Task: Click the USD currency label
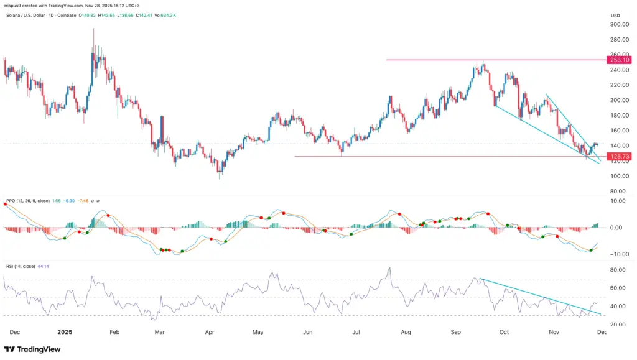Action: point(616,15)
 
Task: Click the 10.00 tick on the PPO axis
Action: point(617,201)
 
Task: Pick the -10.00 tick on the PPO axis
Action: point(616,254)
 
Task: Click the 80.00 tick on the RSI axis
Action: point(617,270)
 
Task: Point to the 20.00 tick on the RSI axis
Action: point(617,324)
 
